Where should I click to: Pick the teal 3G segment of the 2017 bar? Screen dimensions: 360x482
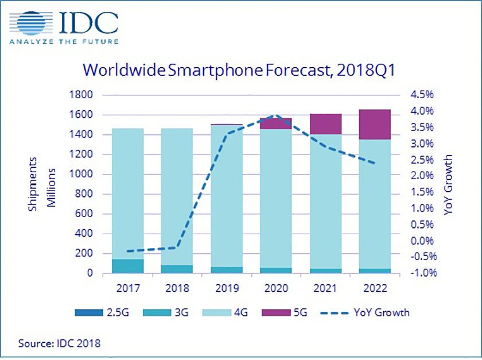[127, 266]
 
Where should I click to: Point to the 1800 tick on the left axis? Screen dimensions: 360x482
[81, 95]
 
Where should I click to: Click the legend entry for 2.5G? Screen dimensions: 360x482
[110, 312]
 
